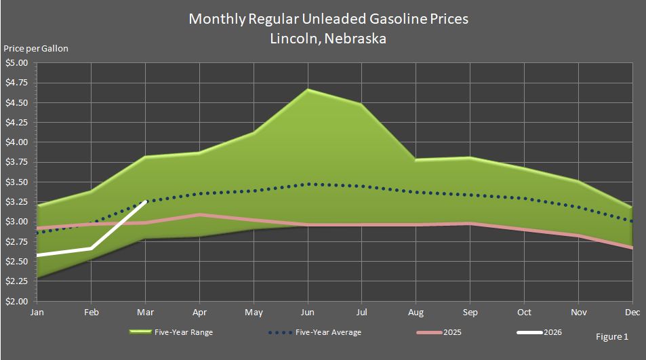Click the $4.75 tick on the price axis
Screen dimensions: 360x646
tap(16, 83)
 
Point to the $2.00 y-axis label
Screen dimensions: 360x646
tap(16, 301)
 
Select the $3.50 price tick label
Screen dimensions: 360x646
tap(16, 182)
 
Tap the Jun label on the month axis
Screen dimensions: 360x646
tap(308, 312)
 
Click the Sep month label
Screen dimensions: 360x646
tap(470, 312)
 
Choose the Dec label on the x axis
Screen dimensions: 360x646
tap(632, 312)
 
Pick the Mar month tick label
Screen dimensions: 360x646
tap(146, 312)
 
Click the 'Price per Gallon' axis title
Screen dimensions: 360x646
tap(36, 48)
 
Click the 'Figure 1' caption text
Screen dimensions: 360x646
tap(612, 337)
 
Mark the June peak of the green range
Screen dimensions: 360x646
tap(308, 89)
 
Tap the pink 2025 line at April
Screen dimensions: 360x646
tap(200, 215)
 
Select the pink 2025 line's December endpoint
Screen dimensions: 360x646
tap(632, 247)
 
